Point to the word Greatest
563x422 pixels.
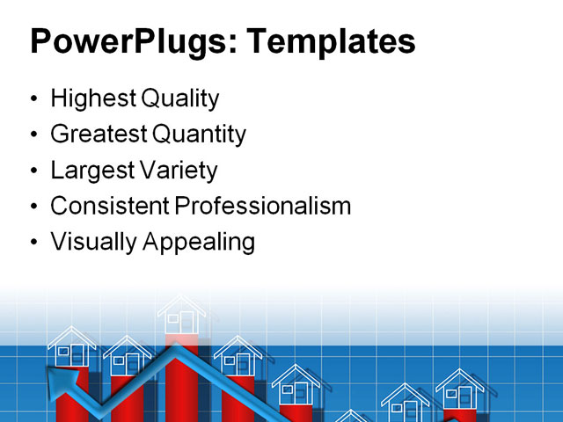coord(99,135)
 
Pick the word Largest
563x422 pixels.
coord(91,169)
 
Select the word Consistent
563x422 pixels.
coord(109,206)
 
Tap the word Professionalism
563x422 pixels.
coord(262,206)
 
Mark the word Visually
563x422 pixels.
coord(91,241)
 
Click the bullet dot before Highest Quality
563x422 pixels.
coord(33,99)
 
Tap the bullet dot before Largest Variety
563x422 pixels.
coord(33,170)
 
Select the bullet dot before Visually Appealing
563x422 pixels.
coord(33,242)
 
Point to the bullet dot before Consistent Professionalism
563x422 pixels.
coord(33,207)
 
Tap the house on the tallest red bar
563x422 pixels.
coord(182,315)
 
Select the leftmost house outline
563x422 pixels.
coord(72,348)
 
